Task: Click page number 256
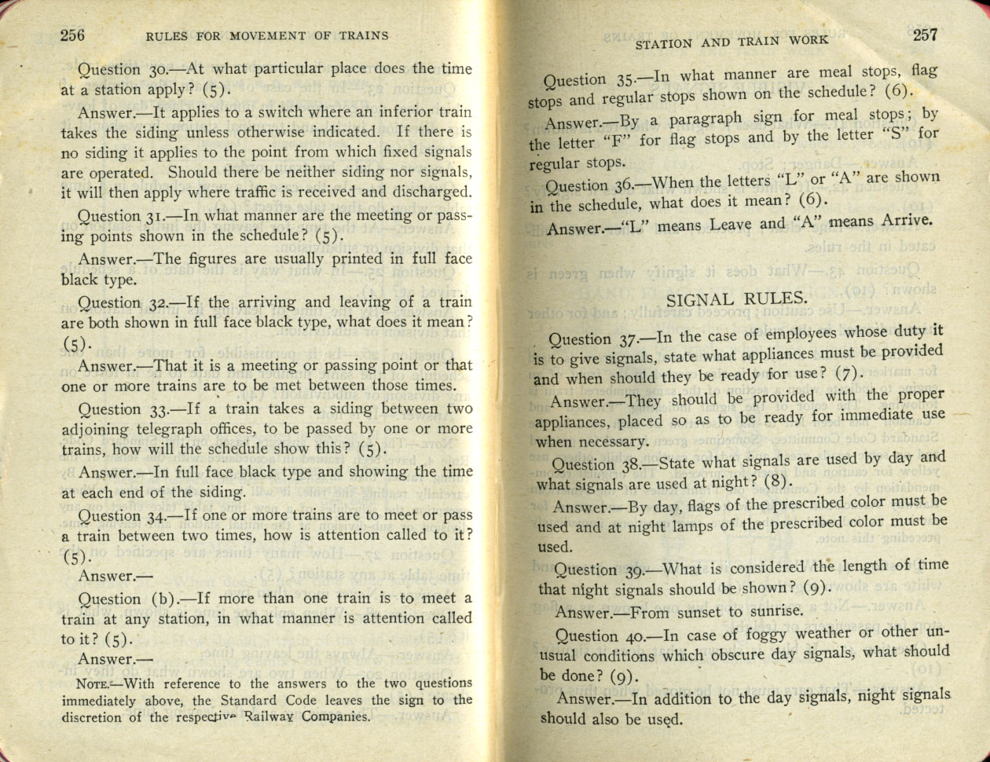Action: click(72, 35)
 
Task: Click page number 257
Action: click(925, 35)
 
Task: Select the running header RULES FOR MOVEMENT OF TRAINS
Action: click(267, 35)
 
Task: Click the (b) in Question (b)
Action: click(161, 599)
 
